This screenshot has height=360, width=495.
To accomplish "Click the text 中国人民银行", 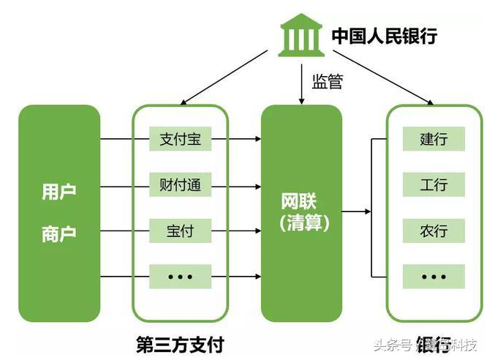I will click(384, 35).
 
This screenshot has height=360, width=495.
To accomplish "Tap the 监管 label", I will click(327, 81).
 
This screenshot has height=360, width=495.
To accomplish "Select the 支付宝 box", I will click(180, 139).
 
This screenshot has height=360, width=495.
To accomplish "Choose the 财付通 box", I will click(180, 185).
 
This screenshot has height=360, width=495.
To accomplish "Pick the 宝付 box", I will click(180, 231).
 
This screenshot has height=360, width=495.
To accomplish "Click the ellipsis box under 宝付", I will click(180, 277).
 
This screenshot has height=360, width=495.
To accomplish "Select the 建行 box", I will click(434, 139).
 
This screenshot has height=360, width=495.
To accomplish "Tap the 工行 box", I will click(434, 185).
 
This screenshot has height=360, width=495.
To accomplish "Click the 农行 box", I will click(434, 231).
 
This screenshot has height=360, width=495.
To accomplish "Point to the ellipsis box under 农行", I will click(434, 277).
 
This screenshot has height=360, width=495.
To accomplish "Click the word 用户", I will click(59, 192).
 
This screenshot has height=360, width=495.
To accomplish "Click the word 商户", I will click(59, 233).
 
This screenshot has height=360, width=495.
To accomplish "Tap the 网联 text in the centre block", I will click(301, 201).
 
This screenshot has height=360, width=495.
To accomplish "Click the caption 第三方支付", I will click(180, 343).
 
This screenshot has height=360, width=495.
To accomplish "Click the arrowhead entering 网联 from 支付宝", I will click(257, 139).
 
